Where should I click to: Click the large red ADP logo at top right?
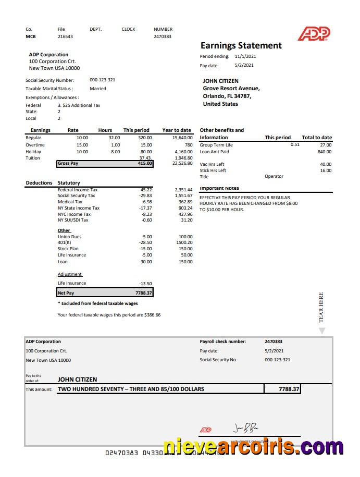314,34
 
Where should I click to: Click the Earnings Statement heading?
241,46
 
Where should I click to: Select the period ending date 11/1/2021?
245,56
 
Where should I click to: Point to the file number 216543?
65,37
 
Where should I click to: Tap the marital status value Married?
97,89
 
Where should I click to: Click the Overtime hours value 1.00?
115,145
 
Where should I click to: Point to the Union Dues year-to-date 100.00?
185,237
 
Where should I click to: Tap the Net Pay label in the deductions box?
66,293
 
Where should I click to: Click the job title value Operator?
274,176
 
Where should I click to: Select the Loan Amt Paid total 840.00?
325,152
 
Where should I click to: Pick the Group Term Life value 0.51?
295,144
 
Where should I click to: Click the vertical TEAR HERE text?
321,307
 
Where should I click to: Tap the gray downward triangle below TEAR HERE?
322,331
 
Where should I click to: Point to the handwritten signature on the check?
247,428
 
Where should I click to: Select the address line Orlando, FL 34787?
227,96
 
